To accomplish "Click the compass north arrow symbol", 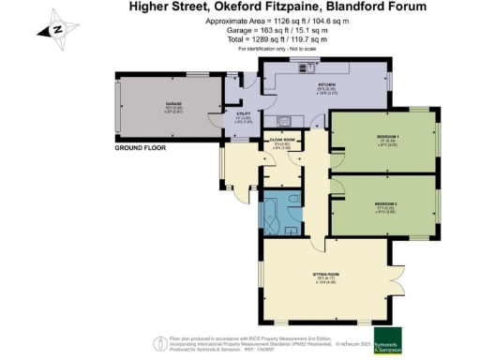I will point(58,28).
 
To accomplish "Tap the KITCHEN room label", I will point(300,84).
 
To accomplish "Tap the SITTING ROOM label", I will point(325,275).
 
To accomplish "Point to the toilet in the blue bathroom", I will point(295,199).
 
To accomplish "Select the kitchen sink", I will point(285,120).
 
